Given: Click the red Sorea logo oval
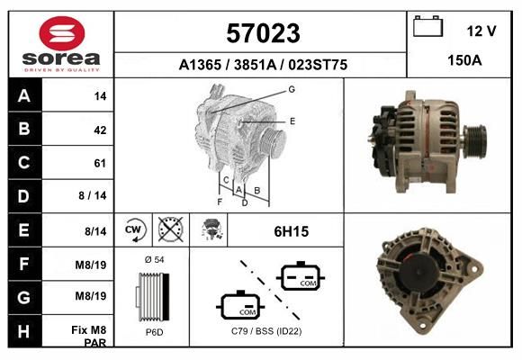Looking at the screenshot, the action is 62,33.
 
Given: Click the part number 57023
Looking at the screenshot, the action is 263,33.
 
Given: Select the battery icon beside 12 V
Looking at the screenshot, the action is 427,26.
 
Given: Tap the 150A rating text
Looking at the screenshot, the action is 464,60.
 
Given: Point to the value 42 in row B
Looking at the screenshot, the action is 100,130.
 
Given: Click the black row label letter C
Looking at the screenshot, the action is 24,163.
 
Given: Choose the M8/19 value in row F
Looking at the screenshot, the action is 91,265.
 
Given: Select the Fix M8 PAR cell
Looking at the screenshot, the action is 88,336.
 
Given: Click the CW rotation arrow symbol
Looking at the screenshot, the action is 134,229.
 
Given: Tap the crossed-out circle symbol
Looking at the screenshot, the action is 171,229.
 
